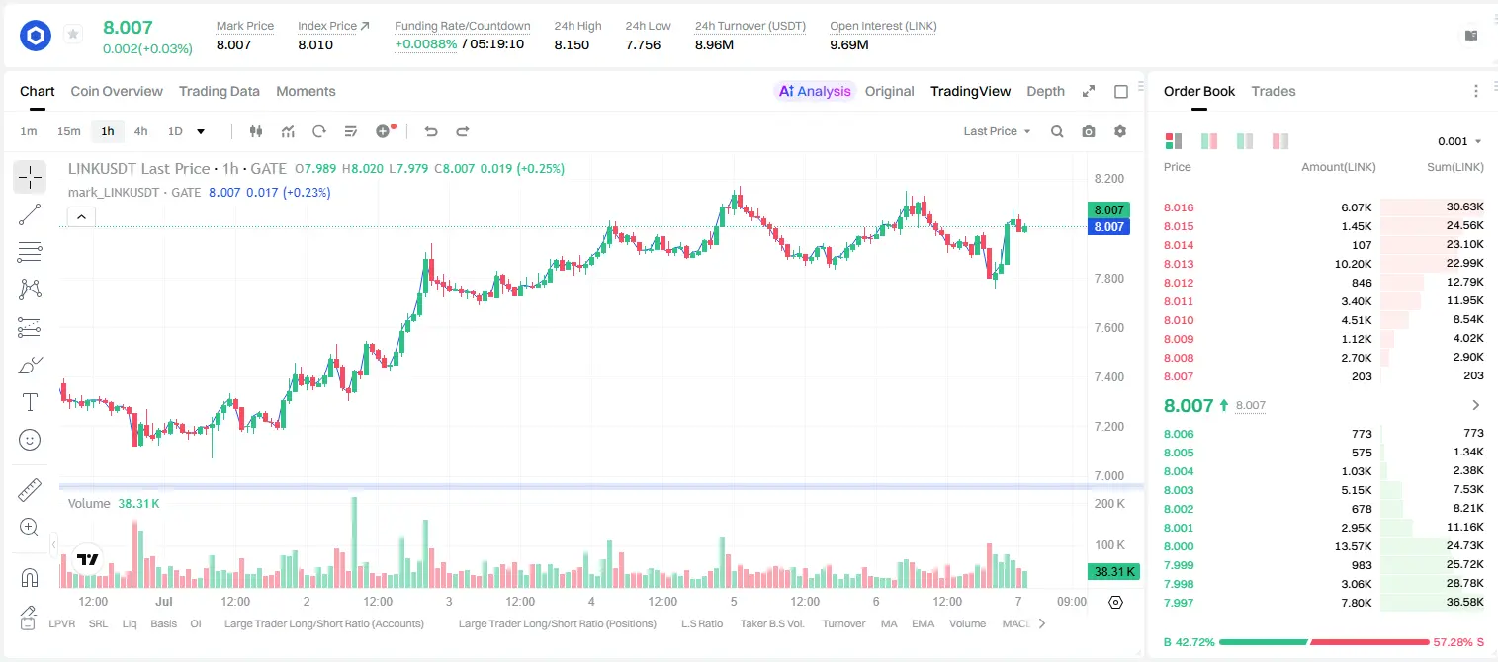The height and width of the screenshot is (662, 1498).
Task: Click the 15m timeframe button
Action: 69,131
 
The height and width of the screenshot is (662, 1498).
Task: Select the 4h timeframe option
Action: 140,131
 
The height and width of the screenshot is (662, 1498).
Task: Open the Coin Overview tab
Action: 117,91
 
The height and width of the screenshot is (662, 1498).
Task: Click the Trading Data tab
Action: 220,91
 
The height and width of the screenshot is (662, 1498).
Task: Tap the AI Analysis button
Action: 815,91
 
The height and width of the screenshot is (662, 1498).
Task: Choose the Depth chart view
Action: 1045,91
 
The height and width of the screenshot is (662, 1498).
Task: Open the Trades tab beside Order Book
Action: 1274,91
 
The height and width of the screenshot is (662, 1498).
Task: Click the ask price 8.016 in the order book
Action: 1179,207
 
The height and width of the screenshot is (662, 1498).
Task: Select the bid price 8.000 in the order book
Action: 1179,546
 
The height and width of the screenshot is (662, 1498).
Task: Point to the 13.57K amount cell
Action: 1353,546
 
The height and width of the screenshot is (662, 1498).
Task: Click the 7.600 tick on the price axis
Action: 1108,327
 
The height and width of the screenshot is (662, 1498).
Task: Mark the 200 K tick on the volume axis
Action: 1109,504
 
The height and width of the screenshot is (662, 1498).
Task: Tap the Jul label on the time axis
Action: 164,601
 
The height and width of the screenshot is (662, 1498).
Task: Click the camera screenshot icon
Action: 1089,131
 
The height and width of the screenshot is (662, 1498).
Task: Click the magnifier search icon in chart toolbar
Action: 1057,131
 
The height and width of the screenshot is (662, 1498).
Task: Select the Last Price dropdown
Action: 997,131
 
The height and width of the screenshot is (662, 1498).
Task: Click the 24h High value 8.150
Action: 572,44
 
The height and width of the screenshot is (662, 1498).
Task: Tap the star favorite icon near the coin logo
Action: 73,34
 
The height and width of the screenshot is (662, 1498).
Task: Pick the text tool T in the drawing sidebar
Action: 30,402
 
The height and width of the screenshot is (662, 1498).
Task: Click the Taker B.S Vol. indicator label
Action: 772,623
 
